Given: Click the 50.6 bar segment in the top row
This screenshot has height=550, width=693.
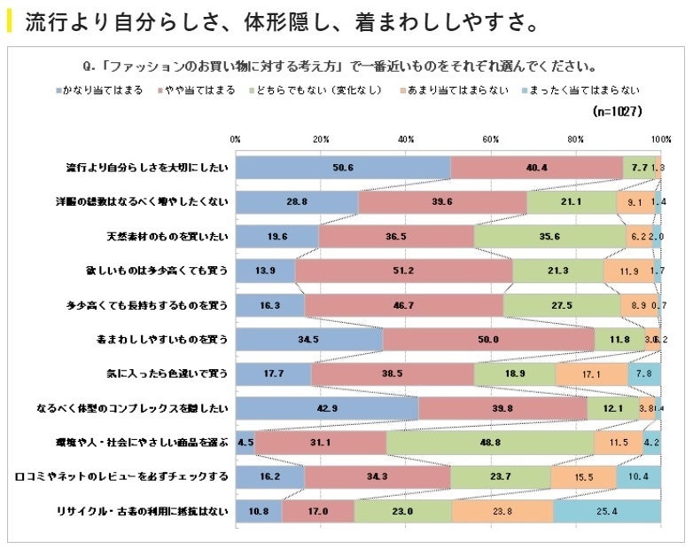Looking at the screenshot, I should [343, 168].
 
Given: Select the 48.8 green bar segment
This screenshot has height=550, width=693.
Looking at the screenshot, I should [490, 442].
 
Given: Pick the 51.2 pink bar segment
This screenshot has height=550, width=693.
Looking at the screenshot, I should [403, 271].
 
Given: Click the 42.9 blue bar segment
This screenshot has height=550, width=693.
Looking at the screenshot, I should [327, 408].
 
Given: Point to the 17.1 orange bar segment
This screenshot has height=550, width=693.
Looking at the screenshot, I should [591, 374].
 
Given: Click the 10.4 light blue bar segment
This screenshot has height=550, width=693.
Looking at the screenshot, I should [638, 477].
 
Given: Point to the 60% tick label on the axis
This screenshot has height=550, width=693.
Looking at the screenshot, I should [491, 139].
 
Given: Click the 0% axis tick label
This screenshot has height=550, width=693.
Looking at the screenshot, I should [236, 139].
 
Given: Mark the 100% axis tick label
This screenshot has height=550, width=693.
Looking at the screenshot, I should [660, 139].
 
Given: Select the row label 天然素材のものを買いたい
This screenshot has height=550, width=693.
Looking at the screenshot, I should [167, 237].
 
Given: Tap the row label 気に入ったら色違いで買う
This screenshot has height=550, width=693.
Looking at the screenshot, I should [166, 374].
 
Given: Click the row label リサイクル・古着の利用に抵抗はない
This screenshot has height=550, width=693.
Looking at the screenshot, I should [142, 512].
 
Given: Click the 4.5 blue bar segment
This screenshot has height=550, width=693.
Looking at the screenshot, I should [245, 442].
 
